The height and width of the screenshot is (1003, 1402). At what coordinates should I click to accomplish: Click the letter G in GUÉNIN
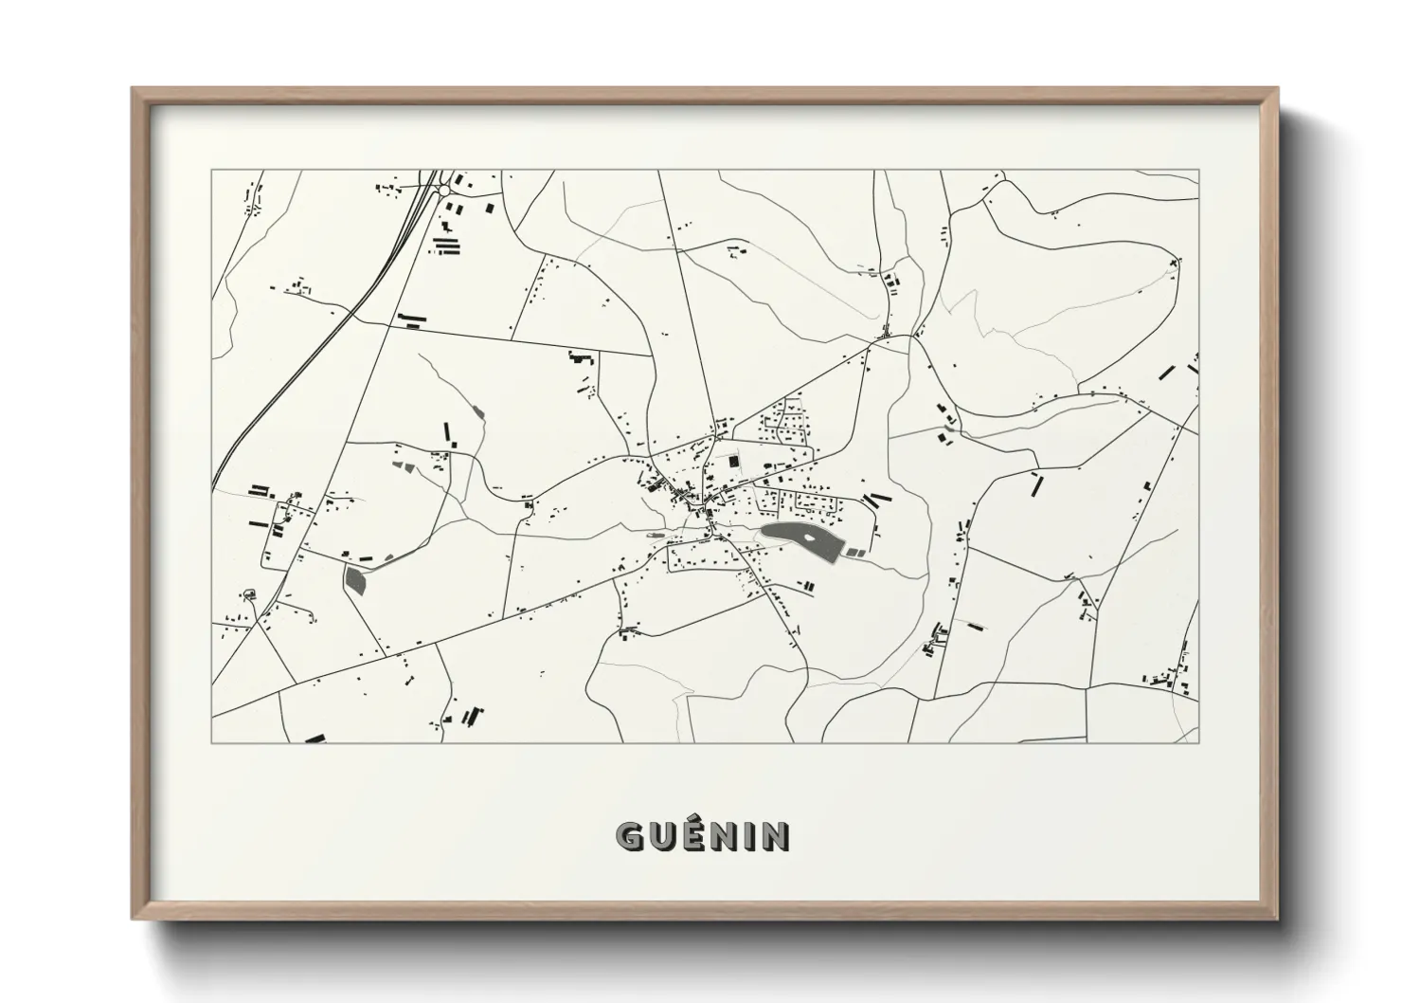[x=631, y=836]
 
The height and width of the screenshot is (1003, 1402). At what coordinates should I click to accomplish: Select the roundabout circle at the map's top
[x=443, y=191]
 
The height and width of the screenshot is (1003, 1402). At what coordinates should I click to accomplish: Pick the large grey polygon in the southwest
[x=355, y=579]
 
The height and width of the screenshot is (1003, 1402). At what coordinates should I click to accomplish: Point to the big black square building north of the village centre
[x=732, y=461]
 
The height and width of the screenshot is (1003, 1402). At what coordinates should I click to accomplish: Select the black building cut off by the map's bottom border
[x=315, y=738]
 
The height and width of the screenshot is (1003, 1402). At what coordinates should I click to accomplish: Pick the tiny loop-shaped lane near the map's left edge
[x=250, y=594]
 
